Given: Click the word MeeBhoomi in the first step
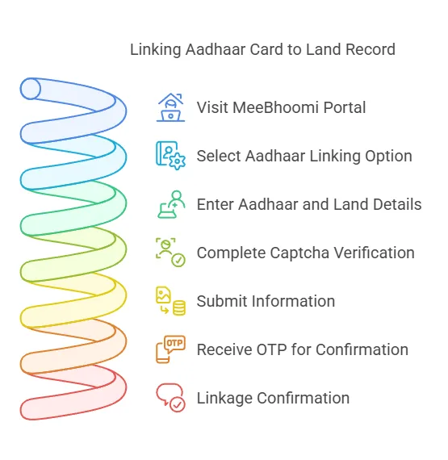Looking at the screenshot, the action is click(x=275, y=107).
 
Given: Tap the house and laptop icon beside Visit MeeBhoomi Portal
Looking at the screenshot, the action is click(x=170, y=107).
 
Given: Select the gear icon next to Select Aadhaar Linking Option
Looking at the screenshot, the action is click(x=178, y=161).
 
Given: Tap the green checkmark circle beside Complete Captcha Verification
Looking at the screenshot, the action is click(x=178, y=260).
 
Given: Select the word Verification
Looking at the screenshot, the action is click(x=374, y=253).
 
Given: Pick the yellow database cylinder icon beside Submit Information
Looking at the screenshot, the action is click(x=179, y=307).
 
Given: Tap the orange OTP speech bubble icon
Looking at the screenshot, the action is click(x=174, y=344).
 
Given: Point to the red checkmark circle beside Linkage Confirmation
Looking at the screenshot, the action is click(x=178, y=405).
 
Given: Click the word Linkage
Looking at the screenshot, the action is click(x=224, y=399).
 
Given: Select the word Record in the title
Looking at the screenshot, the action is click(x=371, y=49).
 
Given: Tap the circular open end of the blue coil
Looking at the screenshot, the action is click(x=30, y=89).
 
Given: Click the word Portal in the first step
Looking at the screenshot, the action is click(x=345, y=107).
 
